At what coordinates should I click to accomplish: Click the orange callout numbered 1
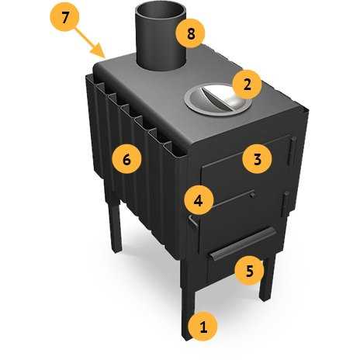pos(203,327)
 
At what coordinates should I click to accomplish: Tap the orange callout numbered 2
pos(247,85)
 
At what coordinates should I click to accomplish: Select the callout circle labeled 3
pos(258,158)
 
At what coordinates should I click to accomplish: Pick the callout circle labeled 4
pos(199,200)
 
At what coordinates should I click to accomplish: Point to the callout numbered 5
pos(249,271)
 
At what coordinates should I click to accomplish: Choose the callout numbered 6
pos(126,159)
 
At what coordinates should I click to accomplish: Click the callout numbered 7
pos(64,16)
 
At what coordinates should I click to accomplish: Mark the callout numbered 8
pos(190,33)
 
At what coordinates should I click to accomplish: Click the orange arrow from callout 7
pos(91,43)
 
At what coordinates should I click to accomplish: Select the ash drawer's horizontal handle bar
pos(243,244)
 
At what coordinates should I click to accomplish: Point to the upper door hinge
pos(292,151)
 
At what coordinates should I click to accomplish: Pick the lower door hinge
pos(285,204)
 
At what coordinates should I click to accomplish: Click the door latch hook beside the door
pos(193,221)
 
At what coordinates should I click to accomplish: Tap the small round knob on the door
pos(252,195)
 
